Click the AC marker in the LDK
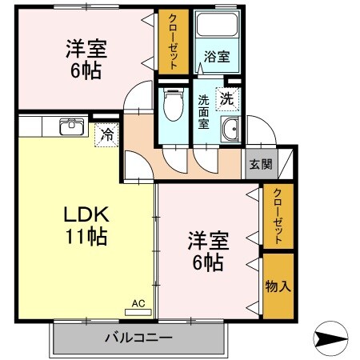coord(138,304)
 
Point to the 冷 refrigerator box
coord(105,134)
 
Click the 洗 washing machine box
coord(227,100)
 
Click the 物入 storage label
coord(277,286)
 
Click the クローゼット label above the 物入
coord(277,217)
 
